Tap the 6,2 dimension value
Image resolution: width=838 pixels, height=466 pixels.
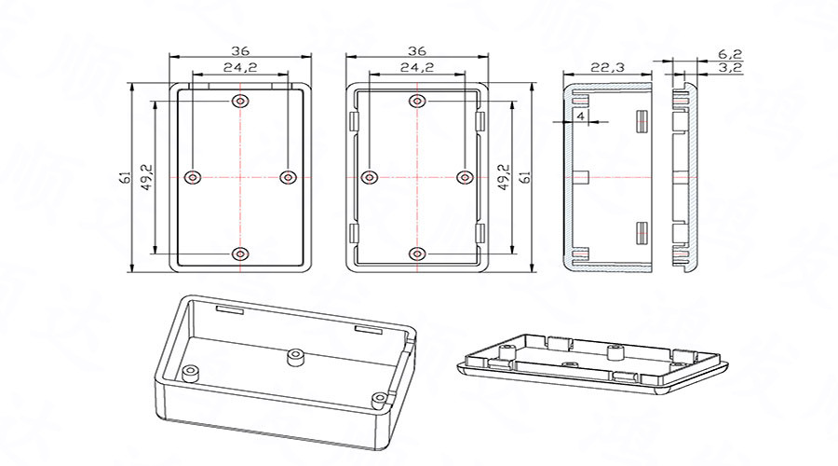point(729,54)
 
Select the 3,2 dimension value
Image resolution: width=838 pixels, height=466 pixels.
point(729,68)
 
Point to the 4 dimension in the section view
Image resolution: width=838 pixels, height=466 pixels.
point(580,116)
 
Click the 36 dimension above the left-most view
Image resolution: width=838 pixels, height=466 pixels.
point(240,50)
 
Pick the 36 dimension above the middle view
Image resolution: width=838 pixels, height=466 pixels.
point(416,50)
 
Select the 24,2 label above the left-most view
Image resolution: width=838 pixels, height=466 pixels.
point(240,67)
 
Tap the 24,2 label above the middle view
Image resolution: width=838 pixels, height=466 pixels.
point(416,67)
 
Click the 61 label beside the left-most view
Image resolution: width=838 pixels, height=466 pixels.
point(125,177)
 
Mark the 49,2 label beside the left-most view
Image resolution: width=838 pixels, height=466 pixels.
point(145,177)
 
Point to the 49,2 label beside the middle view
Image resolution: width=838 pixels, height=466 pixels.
point(504,177)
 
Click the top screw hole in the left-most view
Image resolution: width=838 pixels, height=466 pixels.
point(241,101)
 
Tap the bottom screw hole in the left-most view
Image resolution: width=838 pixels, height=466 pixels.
point(241,253)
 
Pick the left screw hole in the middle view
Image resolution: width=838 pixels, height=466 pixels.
point(371,177)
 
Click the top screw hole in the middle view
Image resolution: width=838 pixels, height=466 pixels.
point(416,101)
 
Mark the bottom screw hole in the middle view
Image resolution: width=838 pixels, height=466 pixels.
point(416,253)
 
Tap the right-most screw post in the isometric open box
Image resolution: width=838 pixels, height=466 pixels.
point(379,400)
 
